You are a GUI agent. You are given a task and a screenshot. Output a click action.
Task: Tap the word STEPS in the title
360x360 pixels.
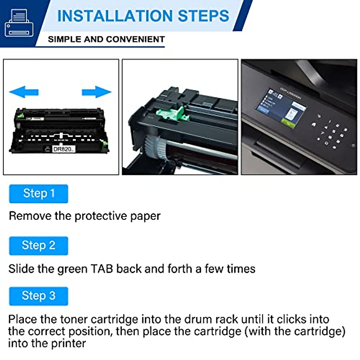coord(204,16)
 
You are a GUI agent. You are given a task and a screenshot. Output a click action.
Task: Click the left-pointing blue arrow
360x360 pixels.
coord(24,92)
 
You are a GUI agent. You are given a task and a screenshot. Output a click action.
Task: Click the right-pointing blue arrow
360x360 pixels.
coord(96,92)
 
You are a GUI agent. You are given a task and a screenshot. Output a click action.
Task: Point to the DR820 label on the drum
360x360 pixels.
coord(63,149)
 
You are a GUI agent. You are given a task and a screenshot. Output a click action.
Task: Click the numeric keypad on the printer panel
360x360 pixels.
coord(333,133)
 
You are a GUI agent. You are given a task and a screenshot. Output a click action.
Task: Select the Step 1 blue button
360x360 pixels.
coord(39,194)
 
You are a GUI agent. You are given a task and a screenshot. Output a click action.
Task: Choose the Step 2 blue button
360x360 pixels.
coord(39,246)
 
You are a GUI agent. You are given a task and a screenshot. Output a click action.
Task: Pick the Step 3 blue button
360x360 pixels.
coord(39,296)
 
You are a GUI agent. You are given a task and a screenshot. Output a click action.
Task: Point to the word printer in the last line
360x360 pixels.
coord(68,343)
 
